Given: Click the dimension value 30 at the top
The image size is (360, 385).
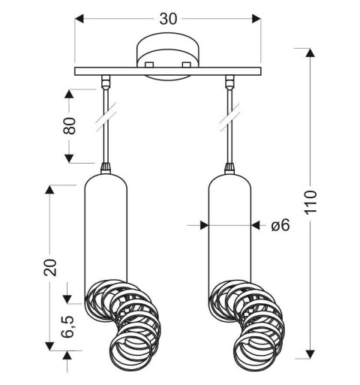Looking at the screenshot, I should (x=168, y=20).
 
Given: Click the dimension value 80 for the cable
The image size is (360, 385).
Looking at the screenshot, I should (x=70, y=127).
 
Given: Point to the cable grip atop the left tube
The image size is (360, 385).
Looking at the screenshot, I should (x=103, y=167).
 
